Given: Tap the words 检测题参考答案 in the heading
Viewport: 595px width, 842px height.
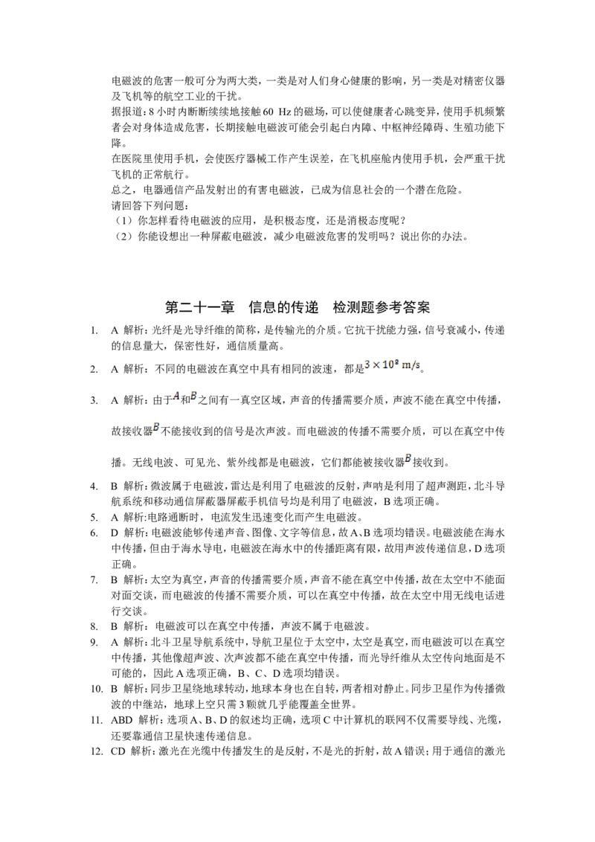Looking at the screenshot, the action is [x=382, y=307].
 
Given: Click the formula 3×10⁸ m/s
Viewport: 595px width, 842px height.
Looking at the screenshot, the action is [x=392, y=365].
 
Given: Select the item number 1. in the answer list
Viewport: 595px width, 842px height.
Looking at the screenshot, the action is [x=94, y=331].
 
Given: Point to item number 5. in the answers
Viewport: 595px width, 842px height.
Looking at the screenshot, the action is [x=94, y=518].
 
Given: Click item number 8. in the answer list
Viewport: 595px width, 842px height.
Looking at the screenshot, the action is [x=94, y=626].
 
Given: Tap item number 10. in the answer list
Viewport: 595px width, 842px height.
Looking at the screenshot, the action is [x=96, y=689].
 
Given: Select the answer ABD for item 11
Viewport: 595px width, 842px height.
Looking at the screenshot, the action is [x=121, y=720].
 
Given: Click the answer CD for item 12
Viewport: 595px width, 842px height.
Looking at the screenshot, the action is [x=118, y=751].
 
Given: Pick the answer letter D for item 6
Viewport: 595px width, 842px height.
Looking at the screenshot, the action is [x=115, y=533].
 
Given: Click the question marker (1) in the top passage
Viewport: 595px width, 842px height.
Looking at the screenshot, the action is [x=123, y=221].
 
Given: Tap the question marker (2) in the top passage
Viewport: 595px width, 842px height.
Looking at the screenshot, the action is [x=123, y=237].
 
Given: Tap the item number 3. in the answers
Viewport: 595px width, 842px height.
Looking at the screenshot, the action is [x=94, y=401].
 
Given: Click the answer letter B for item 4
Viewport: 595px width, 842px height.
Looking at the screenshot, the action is [x=115, y=486].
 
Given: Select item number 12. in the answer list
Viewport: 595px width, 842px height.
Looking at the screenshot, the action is [x=96, y=751].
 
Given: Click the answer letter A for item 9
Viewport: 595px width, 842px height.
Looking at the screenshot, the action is [x=115, y=642].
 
